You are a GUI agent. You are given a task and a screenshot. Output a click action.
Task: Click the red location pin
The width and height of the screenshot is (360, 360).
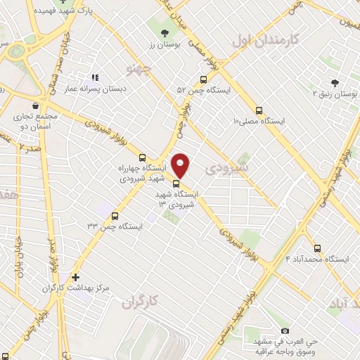tap(181, 164)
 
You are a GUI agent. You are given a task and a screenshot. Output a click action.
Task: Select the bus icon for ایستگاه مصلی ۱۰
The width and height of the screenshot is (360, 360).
tap(259, 110)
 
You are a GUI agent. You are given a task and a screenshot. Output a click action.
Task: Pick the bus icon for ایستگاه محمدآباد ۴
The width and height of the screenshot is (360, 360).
tap(317, 248)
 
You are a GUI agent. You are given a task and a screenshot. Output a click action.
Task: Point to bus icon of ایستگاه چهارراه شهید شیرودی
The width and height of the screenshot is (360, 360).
tap(143, 157)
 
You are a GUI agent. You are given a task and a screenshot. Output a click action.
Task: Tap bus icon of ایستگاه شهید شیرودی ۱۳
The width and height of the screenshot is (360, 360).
tap(176, 185)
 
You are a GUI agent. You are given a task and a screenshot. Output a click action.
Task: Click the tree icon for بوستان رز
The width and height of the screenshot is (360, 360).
tap(165, 32)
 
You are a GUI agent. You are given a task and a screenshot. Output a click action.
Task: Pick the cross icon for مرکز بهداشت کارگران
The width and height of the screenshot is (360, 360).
tap(76, 277)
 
